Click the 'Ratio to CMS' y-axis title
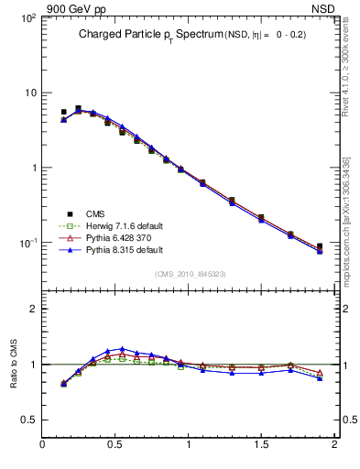coord(14,365)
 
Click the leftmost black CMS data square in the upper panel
coord(63,112)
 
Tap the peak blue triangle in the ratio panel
coord(122,348)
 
